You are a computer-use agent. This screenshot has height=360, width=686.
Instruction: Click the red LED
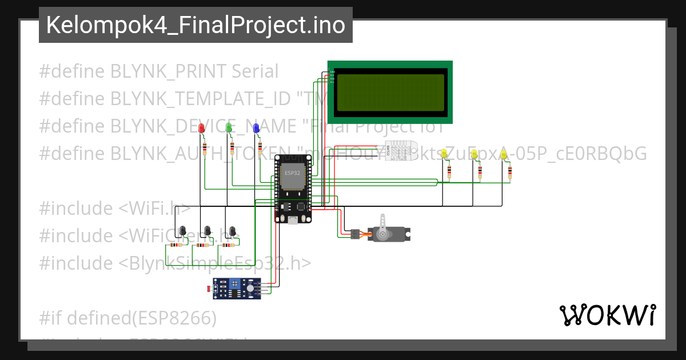tap(201, 129)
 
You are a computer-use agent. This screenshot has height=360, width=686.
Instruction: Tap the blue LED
tap(256, 129)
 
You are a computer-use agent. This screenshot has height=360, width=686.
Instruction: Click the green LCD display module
tap(390, 92)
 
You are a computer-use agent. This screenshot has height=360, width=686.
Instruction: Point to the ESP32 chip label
tap(292, 173)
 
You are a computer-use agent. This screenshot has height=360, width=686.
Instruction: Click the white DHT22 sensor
tap(401, 151)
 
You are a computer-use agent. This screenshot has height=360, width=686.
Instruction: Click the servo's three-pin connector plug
tap(355, 234)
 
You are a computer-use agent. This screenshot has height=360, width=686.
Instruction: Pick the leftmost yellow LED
tap(445, 155)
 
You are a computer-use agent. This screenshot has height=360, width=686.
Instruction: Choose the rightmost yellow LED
tap(504, 155)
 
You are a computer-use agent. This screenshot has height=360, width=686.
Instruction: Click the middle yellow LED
tap(474, 155)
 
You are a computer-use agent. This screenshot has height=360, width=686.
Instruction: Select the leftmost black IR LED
tap(182, 230)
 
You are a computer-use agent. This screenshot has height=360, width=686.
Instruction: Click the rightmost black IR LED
tap(232, 230)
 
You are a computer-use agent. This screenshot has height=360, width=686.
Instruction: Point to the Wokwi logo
tap(607, 315)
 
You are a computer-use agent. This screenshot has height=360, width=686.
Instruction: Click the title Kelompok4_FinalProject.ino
tap(196, 25)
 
